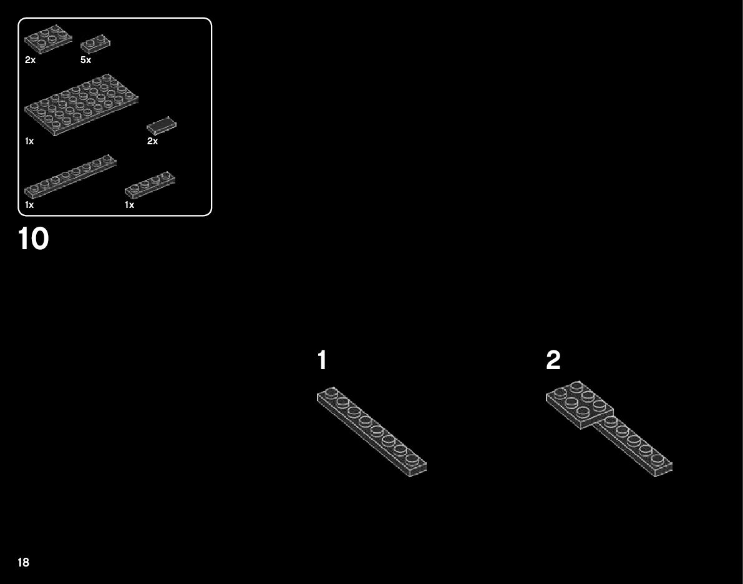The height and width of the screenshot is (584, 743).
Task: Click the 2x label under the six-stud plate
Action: (x=30, y=61)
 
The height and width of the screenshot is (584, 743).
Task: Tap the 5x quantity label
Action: (x=85, y=61)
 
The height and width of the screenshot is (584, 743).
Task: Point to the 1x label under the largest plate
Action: (x=29, y=141)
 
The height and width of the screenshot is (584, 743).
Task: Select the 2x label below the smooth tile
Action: (x=152, y=141)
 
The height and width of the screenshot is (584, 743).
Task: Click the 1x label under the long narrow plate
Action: (x=29, y=205)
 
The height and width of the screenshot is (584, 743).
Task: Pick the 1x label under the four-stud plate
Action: (x=129, y=205)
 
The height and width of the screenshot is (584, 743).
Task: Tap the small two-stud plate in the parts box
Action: (x=95, y=44)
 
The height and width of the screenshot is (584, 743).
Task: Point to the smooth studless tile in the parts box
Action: (x=161, y=124)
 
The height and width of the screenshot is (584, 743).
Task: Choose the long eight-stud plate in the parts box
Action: (x=70, y=177)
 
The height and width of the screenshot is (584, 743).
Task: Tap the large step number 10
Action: (x=34, y=239)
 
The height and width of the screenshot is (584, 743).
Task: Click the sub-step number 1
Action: (x=322, y=360)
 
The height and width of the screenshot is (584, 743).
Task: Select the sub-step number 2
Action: (x=553, y=360)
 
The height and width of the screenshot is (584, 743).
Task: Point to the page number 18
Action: (x=23, y=562)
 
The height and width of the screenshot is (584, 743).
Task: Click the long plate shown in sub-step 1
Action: (x=371, y=432)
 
